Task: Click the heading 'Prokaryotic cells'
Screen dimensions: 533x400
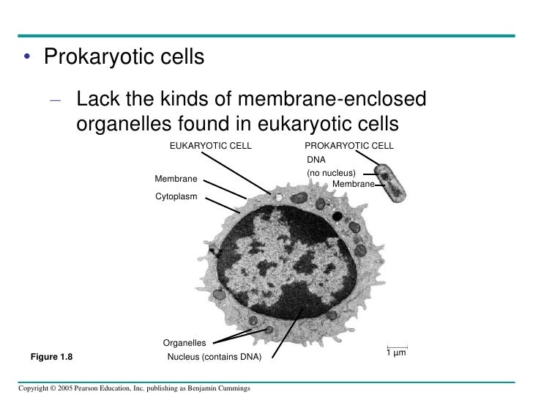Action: click(124, 56)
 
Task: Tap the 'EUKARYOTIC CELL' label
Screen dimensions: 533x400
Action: click(210, 146)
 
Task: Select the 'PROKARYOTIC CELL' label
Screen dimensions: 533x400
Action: click(348, 146)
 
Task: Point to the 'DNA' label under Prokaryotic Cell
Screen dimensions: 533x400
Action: click(316, 159)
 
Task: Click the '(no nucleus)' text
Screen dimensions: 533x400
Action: click(331, 173)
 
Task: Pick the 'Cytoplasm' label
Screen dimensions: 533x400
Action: click(176, 196)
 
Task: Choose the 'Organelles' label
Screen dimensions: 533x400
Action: click(184, 342)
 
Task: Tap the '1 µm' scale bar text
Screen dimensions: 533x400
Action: click(396, 353)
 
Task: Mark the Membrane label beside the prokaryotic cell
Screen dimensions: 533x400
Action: click(353, 184)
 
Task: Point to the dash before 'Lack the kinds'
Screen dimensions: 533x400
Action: click(56, 100)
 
